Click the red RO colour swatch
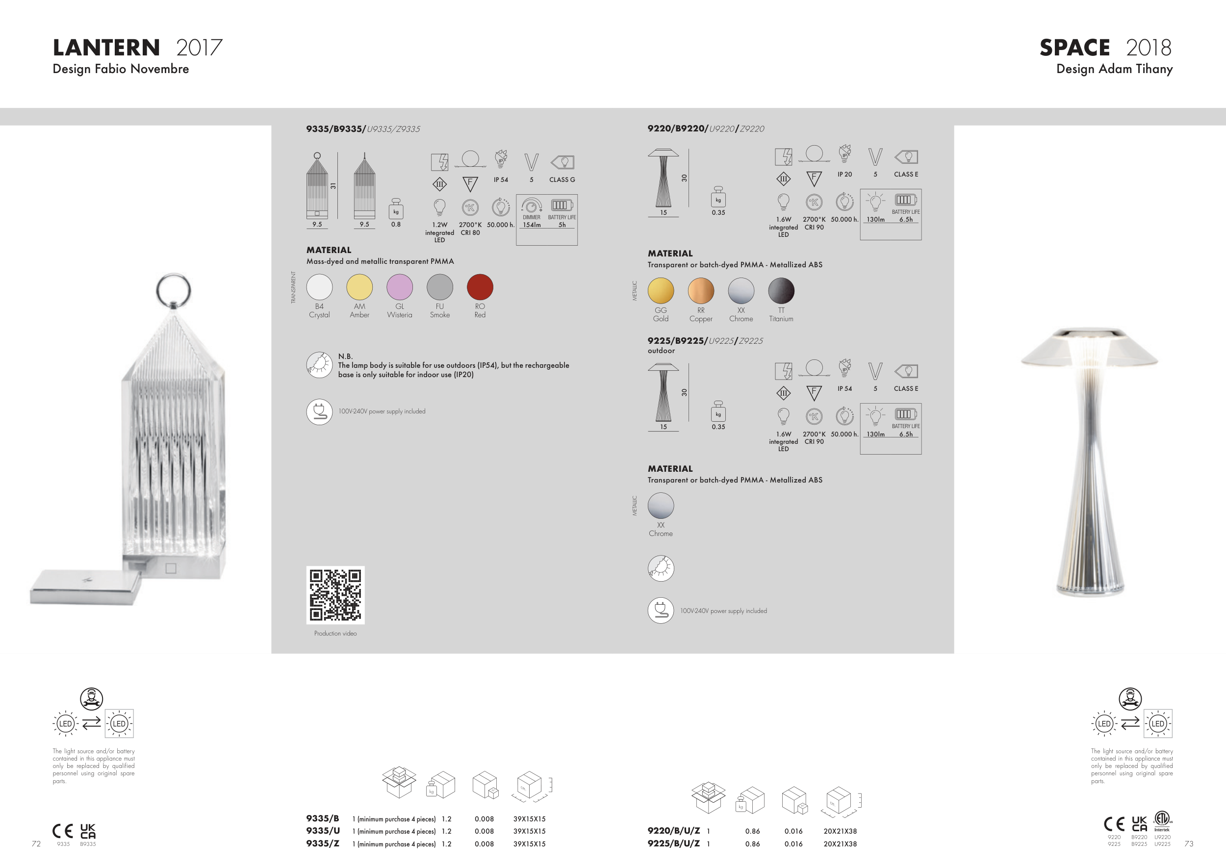click(480, 287)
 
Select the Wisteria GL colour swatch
click(399, 287)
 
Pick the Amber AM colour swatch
click(359, 287)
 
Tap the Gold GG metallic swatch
click(661, 291)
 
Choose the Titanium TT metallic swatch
click(781, 291)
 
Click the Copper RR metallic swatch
click(701, 291)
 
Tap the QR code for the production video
click(335, 595)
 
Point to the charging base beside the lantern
click(85, 587)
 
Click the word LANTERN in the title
click(106, 48)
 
